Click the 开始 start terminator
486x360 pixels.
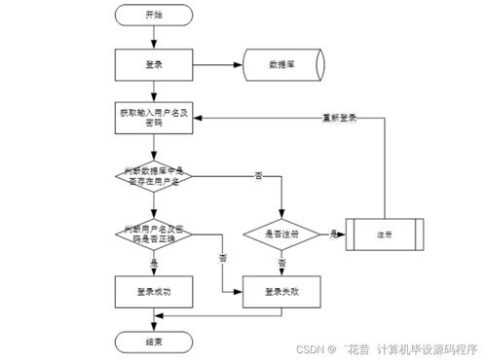(x=154, y=16)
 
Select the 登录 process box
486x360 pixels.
(x=154, y=65)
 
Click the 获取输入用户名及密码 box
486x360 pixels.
(x=154, y=119)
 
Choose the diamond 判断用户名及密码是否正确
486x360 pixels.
(x=154, y=233)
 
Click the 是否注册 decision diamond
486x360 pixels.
(x=282, y=234)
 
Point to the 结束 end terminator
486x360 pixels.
(x=154, y=342)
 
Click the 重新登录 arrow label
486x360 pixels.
(x=339, y=117)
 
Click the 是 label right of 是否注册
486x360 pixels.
(x=332, y=234)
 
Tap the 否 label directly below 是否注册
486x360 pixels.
(x=282, y=263)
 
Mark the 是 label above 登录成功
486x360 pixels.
(x=154, y=263)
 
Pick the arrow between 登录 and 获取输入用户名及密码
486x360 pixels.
(x=154, y=92)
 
